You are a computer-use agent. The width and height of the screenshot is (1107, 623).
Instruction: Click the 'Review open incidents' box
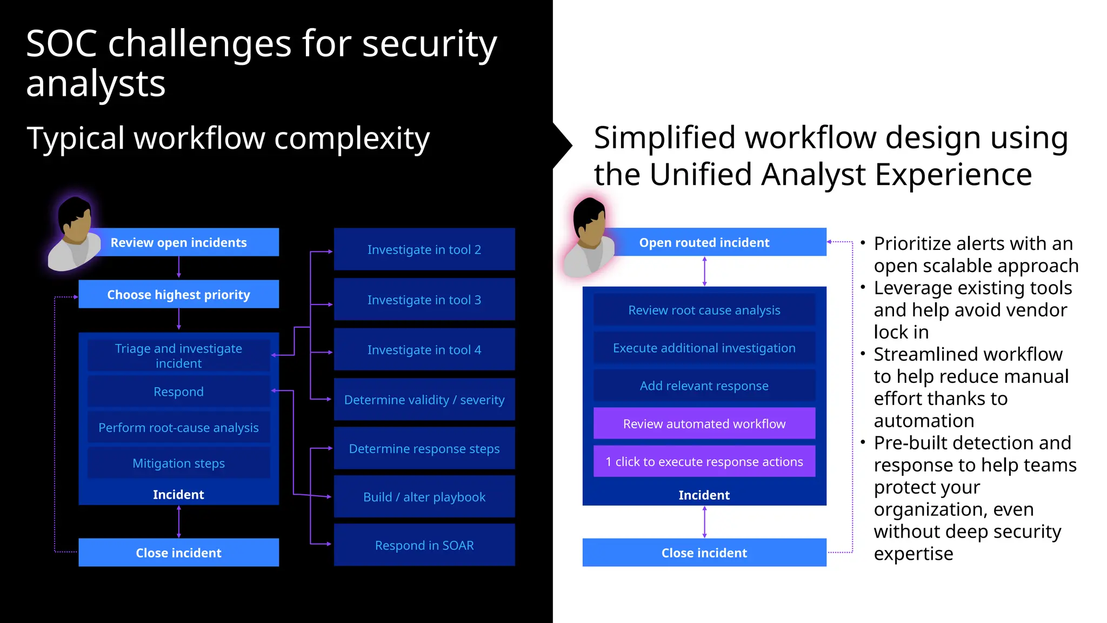178,242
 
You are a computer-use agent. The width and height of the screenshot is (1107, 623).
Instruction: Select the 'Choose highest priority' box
178,294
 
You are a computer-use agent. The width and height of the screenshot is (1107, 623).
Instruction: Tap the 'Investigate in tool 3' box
424,300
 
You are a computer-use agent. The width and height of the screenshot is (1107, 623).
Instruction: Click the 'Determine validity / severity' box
424,400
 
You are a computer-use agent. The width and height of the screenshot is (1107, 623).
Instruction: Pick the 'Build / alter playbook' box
424,496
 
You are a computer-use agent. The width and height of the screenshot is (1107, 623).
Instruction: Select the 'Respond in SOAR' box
424,545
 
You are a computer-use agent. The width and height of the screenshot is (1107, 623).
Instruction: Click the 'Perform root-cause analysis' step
178,427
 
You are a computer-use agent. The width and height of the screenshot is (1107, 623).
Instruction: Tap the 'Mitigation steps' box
178,463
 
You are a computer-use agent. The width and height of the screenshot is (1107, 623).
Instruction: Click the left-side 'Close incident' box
178,553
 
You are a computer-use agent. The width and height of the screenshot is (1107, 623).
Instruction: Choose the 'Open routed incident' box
704,242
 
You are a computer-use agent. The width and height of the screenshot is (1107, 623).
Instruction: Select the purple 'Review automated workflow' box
704,423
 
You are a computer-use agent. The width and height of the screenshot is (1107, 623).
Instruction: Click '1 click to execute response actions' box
704,461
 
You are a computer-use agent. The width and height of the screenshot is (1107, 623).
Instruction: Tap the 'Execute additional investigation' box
704,348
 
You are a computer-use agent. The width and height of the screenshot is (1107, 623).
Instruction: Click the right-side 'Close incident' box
704,553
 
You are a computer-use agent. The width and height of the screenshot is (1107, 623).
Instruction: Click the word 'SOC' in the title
61,44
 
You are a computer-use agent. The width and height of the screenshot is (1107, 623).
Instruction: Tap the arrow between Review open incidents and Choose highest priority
179,268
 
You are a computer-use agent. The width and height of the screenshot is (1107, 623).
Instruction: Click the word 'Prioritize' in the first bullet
911,244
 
